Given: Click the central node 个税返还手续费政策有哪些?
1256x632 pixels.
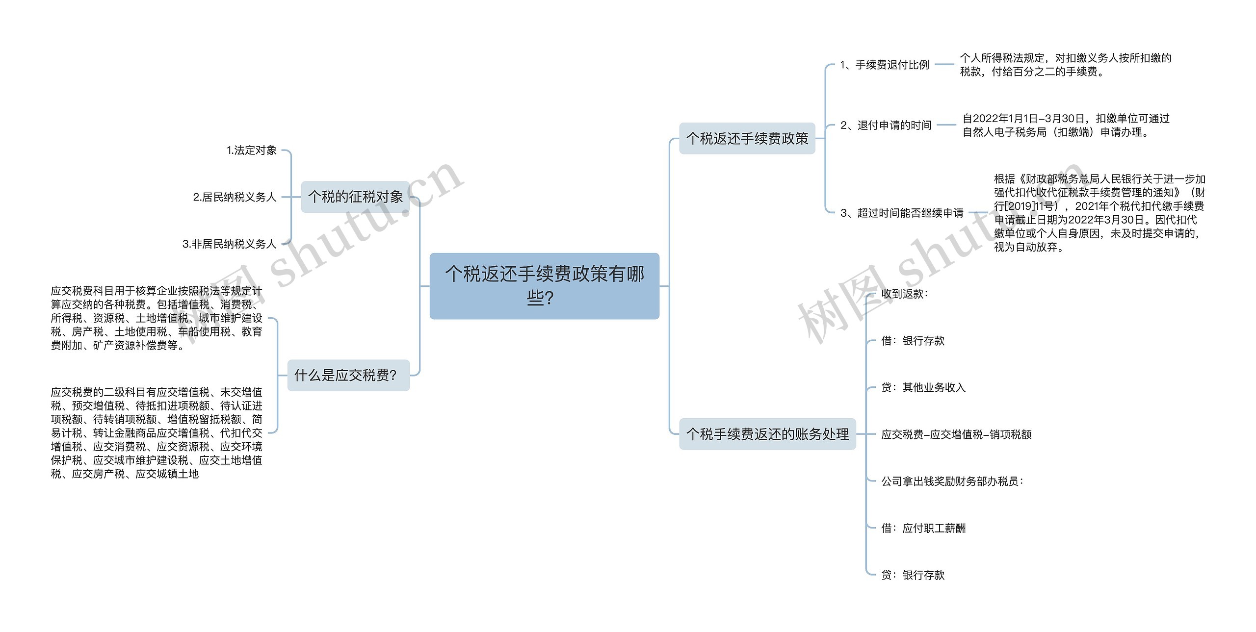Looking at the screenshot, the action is coord(544,286).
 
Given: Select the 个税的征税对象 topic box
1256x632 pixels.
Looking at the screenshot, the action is coord(355,197).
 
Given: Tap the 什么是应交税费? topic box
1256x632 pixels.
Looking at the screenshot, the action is coord(348,375).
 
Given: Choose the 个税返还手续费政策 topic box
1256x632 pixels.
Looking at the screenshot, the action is coord(747,138).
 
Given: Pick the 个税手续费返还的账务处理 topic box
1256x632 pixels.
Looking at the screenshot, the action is coord(767,434).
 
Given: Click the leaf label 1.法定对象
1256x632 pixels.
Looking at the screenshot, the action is coord(252,151).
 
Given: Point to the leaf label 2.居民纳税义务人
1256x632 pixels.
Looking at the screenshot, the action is coord(235,197).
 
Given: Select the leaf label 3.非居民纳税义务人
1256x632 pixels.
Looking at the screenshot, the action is coord(229,244).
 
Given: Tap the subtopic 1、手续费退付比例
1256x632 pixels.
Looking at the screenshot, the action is coord(885,65).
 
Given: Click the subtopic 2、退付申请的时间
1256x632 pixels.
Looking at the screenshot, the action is coord(886,125).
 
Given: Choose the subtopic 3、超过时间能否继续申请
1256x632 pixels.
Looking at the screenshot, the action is coord(902,213).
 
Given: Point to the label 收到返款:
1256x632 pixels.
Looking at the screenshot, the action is coord(904,294).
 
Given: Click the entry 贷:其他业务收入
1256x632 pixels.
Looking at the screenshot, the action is coord(923,387).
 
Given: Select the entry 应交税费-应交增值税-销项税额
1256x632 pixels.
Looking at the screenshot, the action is coord(956,434).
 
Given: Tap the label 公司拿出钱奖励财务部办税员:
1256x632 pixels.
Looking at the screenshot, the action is coord(952,481).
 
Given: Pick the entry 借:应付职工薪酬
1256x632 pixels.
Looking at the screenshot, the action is coord(923,528).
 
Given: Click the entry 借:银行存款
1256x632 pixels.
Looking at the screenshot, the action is coord(913,341).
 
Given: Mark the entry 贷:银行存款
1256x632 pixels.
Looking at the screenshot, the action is coord(913,575).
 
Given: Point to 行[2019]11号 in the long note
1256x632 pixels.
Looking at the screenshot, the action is coord(1025,206).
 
